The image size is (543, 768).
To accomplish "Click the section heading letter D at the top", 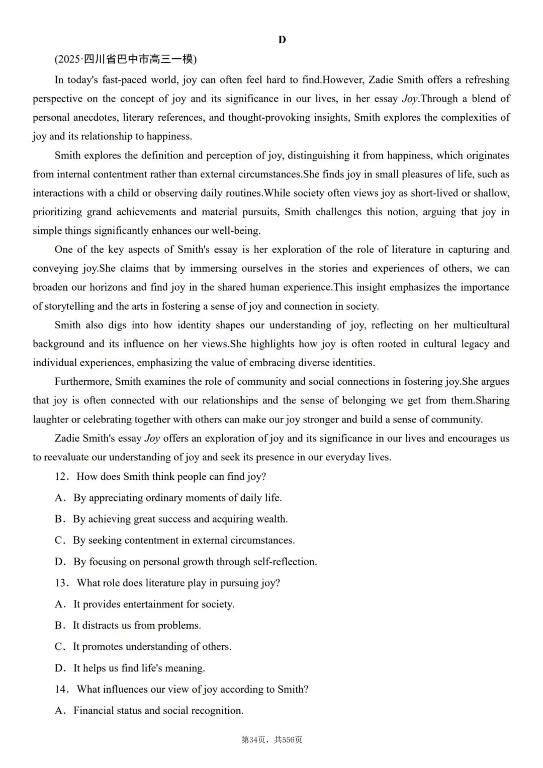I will coord(282,40).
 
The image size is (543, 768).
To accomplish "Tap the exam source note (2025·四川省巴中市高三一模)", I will coord(126,59).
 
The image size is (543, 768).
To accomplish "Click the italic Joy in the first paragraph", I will coord(410,99).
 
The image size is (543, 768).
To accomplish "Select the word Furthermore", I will coord(82,382).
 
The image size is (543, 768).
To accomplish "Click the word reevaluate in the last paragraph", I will coord(75,457).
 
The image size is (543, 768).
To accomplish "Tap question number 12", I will coord(61,477).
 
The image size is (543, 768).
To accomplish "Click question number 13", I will coord(61,583).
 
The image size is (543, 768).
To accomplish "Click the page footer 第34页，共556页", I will coord(271,740).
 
